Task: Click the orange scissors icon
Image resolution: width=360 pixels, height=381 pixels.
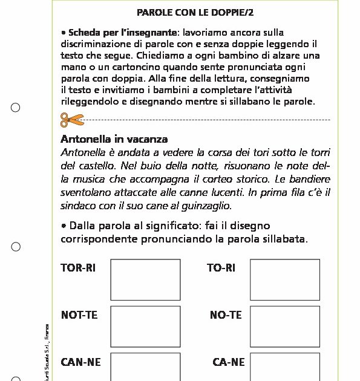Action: tap(72, 120)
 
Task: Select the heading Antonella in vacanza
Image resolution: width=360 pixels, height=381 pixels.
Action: tap(114, 140)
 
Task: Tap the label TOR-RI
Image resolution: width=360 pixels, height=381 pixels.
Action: tap(78, 268)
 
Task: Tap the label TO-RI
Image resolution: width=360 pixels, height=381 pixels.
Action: tap(221, 268)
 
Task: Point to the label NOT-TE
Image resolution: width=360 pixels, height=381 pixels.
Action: tap(79, 315)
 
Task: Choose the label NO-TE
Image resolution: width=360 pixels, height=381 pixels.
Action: tap(225, 315)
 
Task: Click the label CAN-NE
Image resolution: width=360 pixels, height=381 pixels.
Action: tap(81, 362)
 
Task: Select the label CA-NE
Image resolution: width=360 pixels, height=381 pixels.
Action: tap(228, 362)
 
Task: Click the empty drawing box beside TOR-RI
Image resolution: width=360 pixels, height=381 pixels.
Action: tap(145, 279)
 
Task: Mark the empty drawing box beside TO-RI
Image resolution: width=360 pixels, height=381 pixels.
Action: tap(284, 279)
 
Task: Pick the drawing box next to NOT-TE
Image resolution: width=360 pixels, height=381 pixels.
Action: tap(145, 326)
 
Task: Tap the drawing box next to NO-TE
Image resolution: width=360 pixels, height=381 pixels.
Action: tap(284, 326)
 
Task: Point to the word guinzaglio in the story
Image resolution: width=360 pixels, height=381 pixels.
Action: tap(206, 206)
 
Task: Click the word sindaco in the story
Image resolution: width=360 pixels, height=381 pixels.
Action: tap(77, 206)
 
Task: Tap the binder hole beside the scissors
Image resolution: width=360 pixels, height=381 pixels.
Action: tap(16, 108)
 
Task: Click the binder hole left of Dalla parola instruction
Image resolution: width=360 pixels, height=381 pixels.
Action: tap(16, 246)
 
